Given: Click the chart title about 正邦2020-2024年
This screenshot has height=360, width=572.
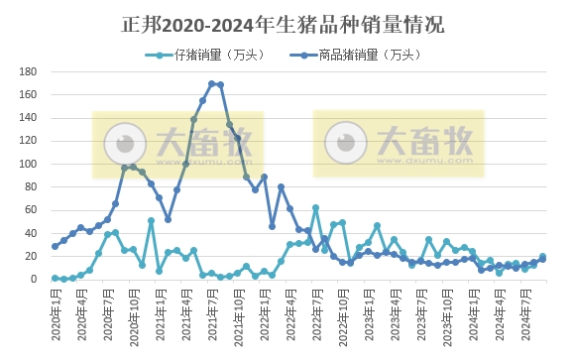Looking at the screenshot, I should pyautogui.click(x=285, y=22).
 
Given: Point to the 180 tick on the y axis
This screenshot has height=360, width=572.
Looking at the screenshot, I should pyautogui.click(x=29, y=71).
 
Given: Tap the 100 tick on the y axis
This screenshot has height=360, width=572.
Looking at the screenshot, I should pyautogui.click(x=29, y=164).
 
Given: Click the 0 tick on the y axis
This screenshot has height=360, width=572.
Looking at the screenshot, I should pyautogui.click(x=33, y=280).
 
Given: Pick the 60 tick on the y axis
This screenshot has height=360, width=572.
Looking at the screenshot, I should pyautogui.click(x=30, y=210).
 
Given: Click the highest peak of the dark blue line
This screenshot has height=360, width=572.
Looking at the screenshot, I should pyautogui.click(x=211, y=83).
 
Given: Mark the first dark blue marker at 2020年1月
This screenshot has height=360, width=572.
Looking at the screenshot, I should pyautogui.click(x=56, y=246).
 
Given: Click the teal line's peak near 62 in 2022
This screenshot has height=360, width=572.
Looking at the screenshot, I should pyautogui.click(x=315, y=208).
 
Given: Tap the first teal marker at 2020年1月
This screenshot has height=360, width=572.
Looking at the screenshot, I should pyautogui.click(x=56, y=278).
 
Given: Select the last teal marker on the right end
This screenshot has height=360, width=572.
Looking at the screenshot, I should pyautogui.click(x=542, y=257).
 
